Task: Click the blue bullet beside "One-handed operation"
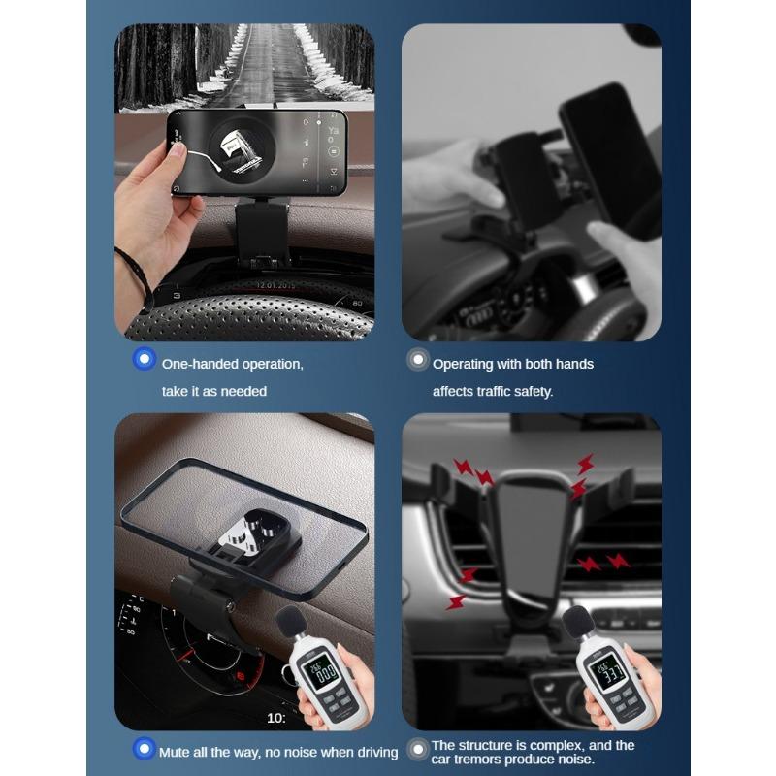coord(145,359)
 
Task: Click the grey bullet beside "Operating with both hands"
coord(418,360)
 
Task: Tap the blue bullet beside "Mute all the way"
coord(145,748)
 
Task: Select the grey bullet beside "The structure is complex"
coord(418,748)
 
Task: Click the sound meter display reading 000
coord(320,668)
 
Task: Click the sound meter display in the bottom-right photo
coord(608,668)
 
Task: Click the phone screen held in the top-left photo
coord(257,151)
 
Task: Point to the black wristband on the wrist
coord(134,273)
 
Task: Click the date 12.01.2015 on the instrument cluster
coord(279,285)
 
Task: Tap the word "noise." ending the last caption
coord(578,760)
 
